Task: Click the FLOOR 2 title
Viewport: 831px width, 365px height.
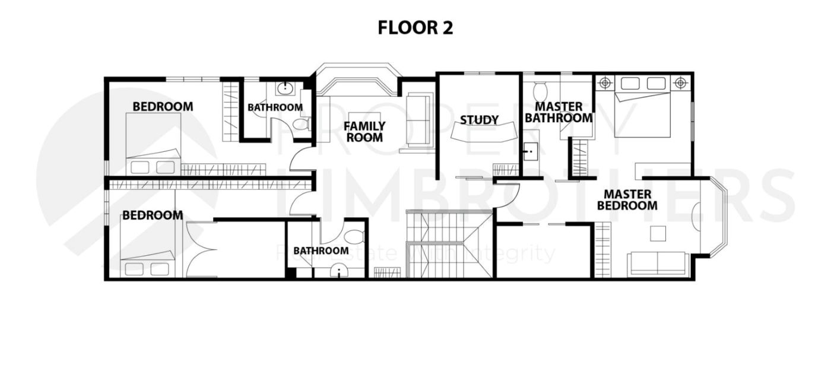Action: pos(415,28)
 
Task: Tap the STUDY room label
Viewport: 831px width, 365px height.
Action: pos(479,120)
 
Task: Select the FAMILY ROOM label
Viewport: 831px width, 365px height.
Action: pos(364,131)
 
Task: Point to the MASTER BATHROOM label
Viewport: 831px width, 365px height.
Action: pos(558,112)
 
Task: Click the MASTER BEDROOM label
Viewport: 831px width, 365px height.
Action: pos(627,200)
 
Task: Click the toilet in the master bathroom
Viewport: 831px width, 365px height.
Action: pos(540,92)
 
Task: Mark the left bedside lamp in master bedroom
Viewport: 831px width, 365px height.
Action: pos(605,83)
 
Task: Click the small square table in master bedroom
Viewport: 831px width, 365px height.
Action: pos(658,233)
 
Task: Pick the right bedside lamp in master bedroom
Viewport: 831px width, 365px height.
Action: pos(680,83)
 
